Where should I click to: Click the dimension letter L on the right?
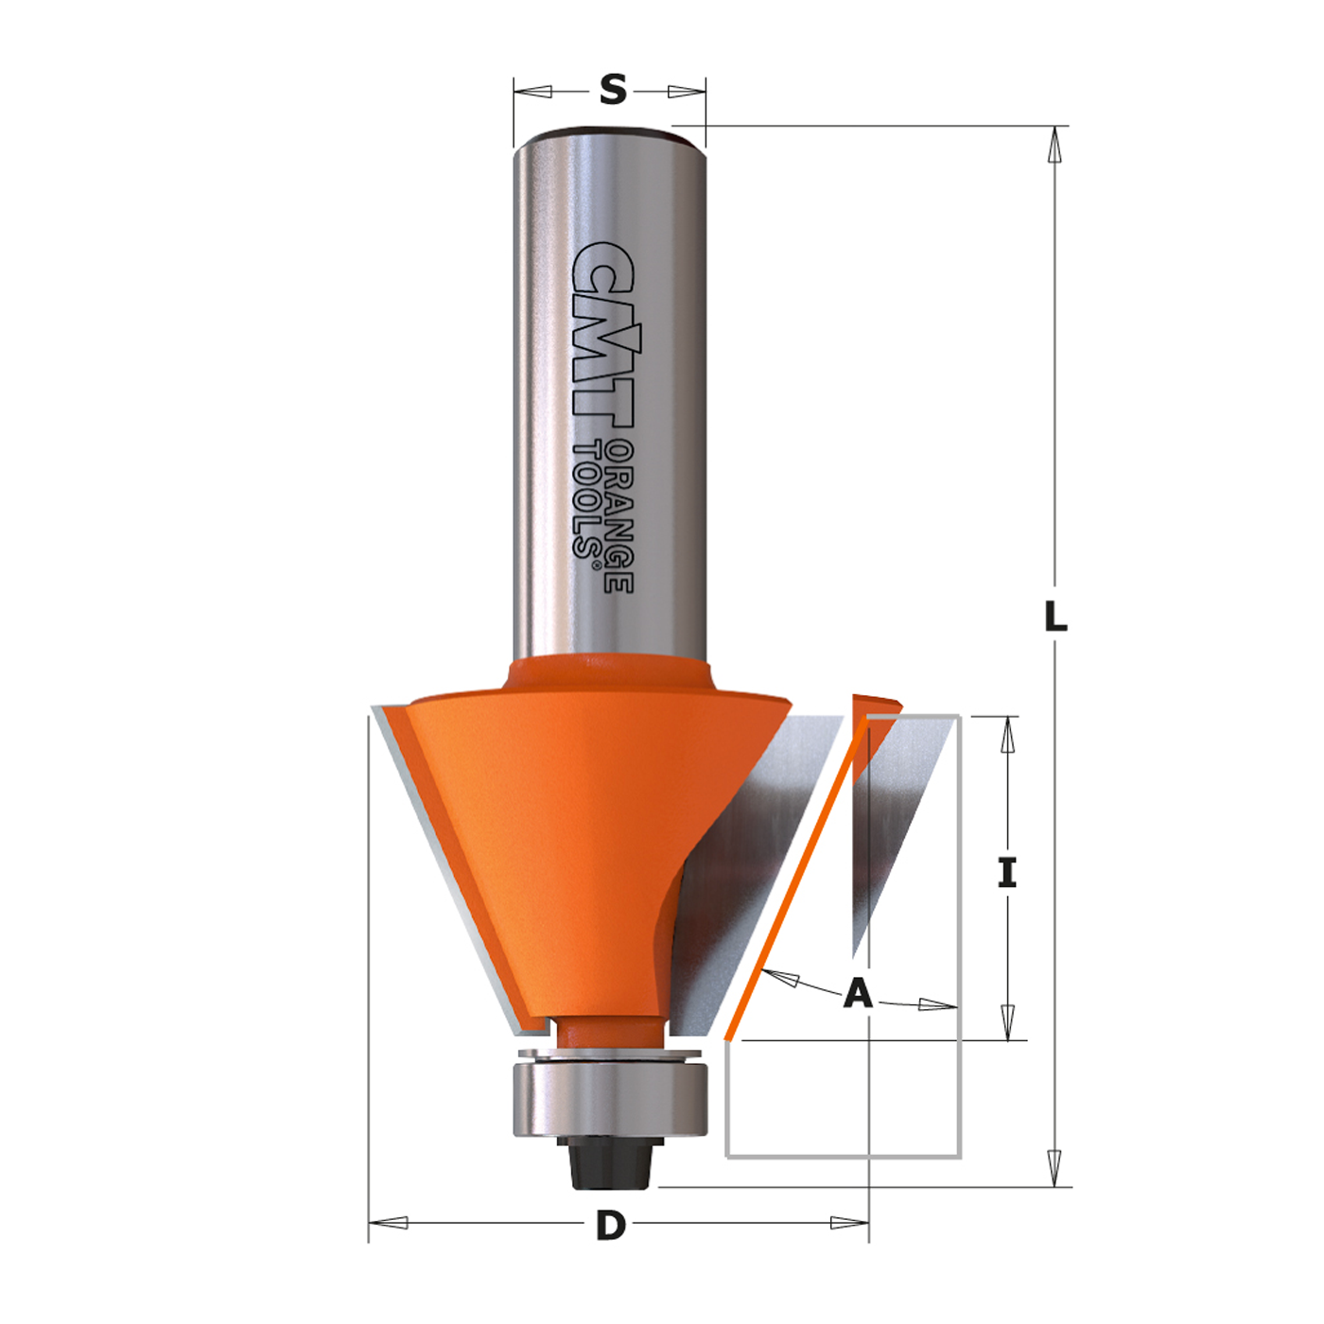1055,616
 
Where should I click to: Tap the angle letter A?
858,993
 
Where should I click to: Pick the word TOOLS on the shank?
588,498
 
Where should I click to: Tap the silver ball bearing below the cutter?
609,1102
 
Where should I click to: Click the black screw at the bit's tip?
609,1162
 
